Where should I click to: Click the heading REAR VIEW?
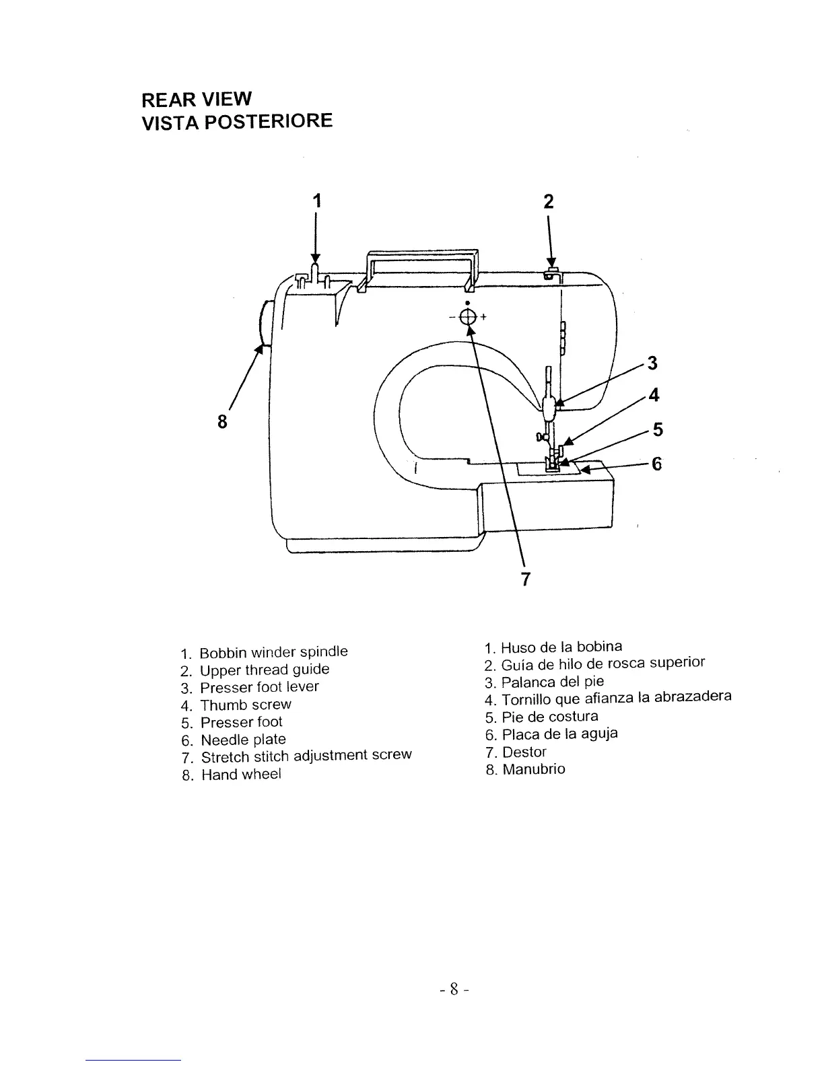[196, 100]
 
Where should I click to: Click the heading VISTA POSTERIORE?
[237, 122]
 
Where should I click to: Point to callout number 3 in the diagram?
[651, 364]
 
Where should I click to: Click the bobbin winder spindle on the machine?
[314, 272]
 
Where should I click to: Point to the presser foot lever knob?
[550, 406]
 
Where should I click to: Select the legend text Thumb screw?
[245, 705]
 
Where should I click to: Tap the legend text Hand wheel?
[240, 774]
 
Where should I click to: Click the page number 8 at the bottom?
[454, 989]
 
